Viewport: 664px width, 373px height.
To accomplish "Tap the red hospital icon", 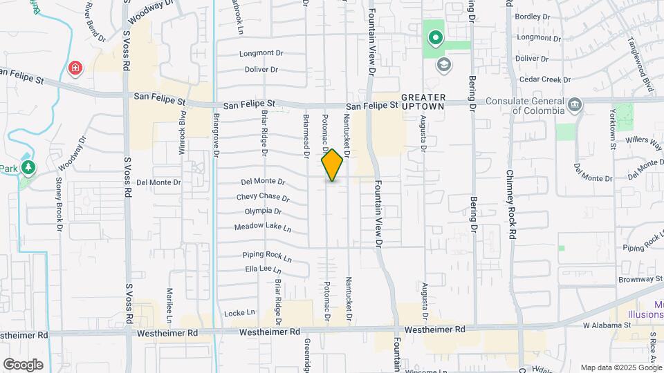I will coord(75,68).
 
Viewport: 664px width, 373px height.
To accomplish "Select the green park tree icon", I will coord(28,167).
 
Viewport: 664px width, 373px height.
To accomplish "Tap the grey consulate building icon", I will coord(574,104).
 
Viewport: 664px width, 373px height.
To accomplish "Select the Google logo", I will coord(23,364).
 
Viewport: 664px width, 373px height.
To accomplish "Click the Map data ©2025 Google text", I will coord(620,367).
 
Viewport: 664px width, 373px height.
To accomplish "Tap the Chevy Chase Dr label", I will coord(262,197).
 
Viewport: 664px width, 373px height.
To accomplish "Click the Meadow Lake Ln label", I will coord(262,227).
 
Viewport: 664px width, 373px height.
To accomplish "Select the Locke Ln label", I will coord(240,313).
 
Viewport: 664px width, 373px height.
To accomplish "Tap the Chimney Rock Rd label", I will coord(511,204).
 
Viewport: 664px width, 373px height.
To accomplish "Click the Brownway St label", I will coord(640,280).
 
